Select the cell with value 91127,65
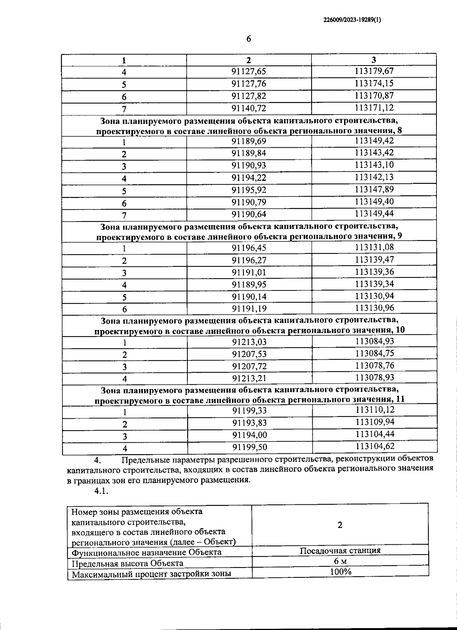[249, 72]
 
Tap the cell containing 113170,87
[374, 96]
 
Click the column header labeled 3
[374, 60]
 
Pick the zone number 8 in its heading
[399, 131]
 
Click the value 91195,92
[249, 190]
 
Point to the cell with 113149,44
[374, 214]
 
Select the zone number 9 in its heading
[399, 236]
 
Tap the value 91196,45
[249, 248]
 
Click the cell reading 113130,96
[374, 308]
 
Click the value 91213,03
[249, 342]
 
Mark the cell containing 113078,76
[374, 365]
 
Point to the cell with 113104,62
[375, 446]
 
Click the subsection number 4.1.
[102, 491]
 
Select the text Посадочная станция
[340, 550]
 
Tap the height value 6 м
[340, 561]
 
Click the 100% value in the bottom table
[340, 571]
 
